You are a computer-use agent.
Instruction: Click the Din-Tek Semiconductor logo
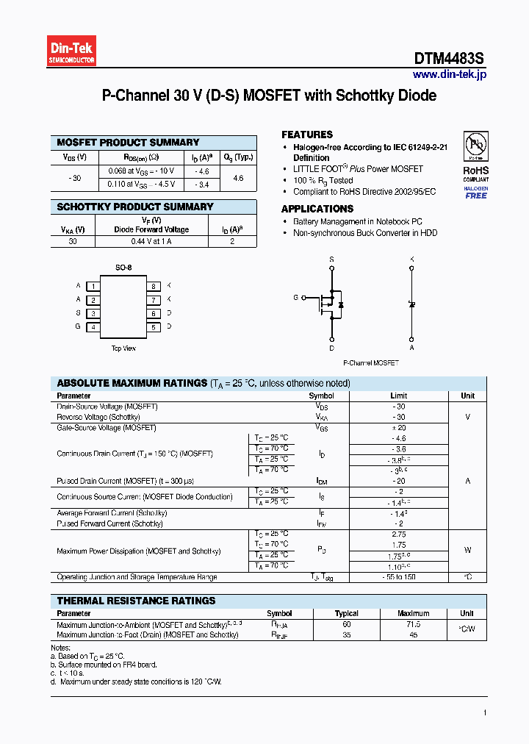pyautogui.click(x=72, y=51)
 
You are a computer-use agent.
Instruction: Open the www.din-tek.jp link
pyautogui.click(x=449, y=74)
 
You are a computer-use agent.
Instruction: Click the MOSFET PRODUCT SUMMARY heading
pyautogui.click(x=128, y=143)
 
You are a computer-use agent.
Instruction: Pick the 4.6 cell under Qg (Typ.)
pyautogui.click(x=238, y=178)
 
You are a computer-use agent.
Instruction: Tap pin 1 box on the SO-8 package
pyautogui.click(x=93, y=286)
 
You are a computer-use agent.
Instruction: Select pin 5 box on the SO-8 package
pyautogui.click(x=154, y=327)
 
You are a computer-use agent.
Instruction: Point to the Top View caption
pyautogui.click(x=123, y=348)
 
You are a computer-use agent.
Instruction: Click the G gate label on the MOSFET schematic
pyautogui.click(x=296, y=298)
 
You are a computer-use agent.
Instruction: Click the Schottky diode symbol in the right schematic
pyautogui.click(x=411, y=304)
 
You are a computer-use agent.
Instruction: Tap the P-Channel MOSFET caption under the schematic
pyautogui.click(x=371, y=363)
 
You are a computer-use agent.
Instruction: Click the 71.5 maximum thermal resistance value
pyautogui.click(x=413, y=624)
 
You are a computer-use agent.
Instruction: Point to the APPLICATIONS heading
pyautogui.click(x=317, y=209)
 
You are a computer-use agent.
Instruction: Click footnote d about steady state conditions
pyautogui.click(x=136, y=682)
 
